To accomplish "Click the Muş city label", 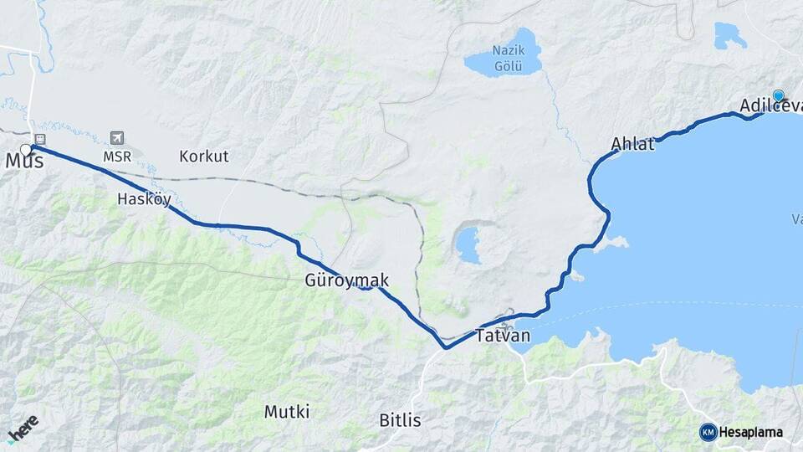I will tap(25, 162).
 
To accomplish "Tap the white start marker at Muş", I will tap(26, 150).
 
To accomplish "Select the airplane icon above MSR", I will tap(116, 138).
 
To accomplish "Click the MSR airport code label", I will tap(116, 157).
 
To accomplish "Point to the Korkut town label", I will tap(203, 157).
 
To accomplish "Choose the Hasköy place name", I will tap(144, 199).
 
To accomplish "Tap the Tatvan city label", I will tap(503, 336).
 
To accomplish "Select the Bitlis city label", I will tap(400, 420).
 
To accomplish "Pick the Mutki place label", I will tap(287, 412).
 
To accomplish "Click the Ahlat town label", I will tap(632, 143).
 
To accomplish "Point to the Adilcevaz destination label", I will tap(770, 106).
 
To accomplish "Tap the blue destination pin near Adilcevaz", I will tap(779, 95).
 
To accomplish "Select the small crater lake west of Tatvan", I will tap(468, 244).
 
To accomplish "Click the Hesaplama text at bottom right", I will tap(752, 433).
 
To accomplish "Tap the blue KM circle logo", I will tap(708, 432).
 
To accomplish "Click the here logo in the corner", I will tap(23, 428).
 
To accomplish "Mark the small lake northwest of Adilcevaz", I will tap(729, 35).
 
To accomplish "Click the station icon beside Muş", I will tap(39, 139).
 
